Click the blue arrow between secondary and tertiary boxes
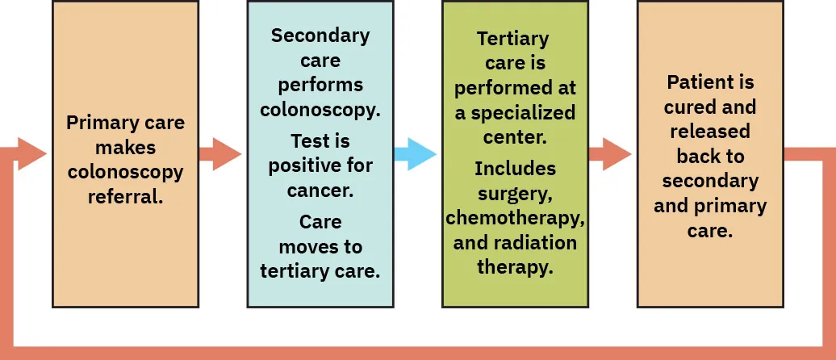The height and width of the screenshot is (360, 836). [x=416, y=154]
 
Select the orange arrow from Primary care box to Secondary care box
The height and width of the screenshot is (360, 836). [x=220, y=154]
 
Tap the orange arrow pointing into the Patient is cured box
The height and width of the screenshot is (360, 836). [x=610, y=154]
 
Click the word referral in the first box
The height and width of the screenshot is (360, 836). [x=126, y=195]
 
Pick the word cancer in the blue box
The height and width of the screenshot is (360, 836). [x=320, y=190]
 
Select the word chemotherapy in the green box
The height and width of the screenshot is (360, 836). [x=515, y=218]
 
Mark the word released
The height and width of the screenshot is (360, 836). [x=710, y=131]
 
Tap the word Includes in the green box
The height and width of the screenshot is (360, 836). [x=515, y=169]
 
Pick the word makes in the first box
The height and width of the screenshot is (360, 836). [x=126, y=148]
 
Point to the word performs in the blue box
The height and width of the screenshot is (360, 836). [x=320, y=85]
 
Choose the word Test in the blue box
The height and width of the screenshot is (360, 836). [x=309, y=141]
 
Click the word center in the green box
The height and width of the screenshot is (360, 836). [x=515, y=136]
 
